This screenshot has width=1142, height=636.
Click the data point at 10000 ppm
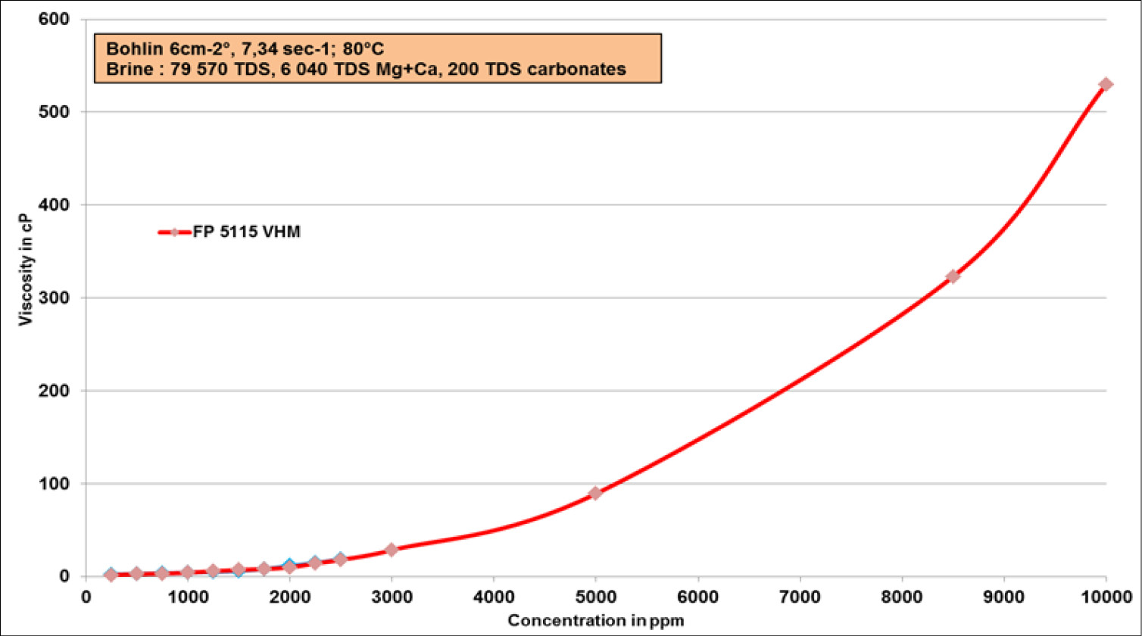pyautogui.click(x=1106, y=84)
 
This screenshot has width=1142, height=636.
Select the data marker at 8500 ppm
pyautogui.click(x=953, y=276)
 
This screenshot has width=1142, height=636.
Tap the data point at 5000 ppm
pyautogui.click(x=595, y=493)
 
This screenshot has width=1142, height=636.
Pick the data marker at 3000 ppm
pyautogui.click(x=391, y=550)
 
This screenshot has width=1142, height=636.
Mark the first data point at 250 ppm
pyautogui.click(x=111, y=575)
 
